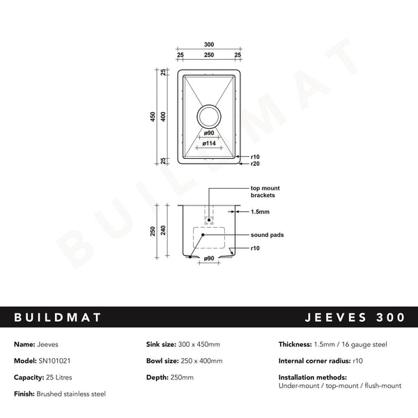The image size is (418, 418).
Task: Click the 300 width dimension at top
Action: (209, 45)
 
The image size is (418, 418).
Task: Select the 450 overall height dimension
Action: (153, 117)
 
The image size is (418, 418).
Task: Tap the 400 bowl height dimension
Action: (164, 117)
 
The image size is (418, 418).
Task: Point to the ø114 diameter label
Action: (209, 143)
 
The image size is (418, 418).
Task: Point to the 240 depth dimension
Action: (165, 231)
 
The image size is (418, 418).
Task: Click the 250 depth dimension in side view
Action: (153, 231)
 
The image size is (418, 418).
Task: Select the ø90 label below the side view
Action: (208, 259)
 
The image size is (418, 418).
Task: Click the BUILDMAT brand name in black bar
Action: (58, 318)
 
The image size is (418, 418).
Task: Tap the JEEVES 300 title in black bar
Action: (355, 318)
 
